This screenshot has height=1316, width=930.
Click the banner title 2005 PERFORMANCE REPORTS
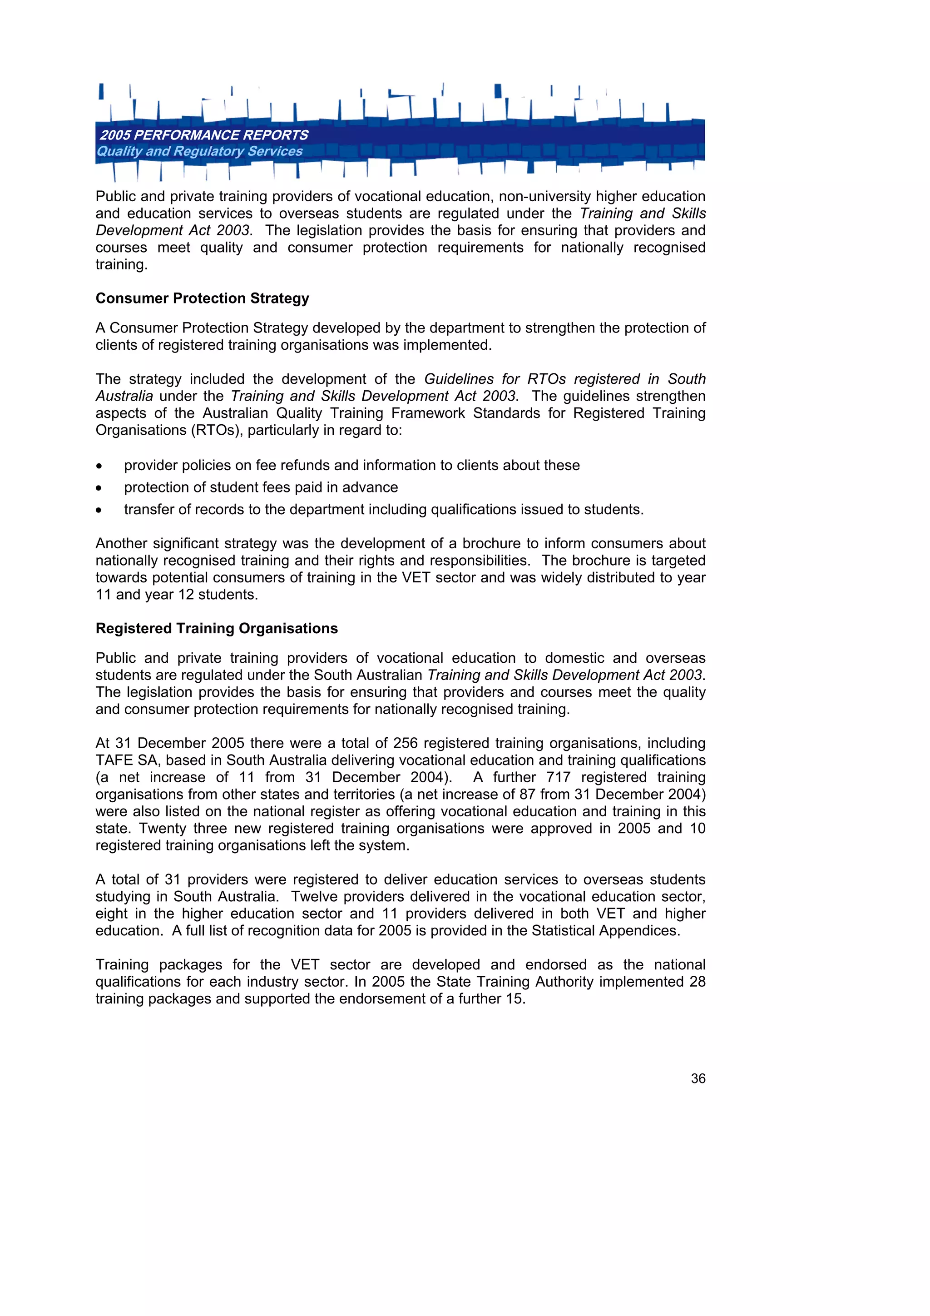(204, 135)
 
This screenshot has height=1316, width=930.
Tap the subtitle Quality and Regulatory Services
(199, 151)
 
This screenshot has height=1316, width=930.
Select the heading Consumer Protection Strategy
(202, 298)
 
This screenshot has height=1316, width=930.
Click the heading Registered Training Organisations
(217, 629)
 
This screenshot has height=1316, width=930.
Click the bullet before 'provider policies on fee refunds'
(99, 466)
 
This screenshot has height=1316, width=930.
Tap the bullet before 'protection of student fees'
(99, 488)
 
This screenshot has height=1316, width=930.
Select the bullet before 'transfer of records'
(99, 510)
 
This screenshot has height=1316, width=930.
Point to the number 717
(558, 778)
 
